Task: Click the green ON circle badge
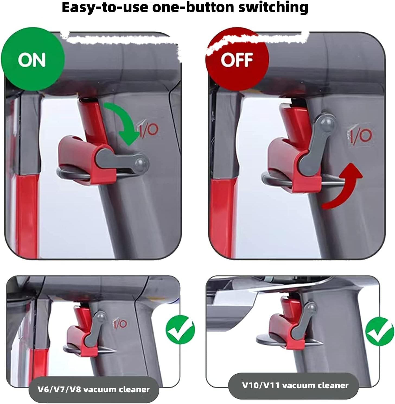pyautogui.click(x=32, y=59)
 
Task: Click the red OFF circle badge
pyautogui.click(x=237, y=59)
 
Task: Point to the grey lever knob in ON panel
pyautogui.click(x=142, y=163)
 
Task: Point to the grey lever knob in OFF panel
pyautogui.click(x=328, y=123)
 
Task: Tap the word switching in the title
pyautogui.click(x=273, y=8)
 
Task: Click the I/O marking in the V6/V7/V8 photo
pyautogui.click(x=120, y=323)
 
